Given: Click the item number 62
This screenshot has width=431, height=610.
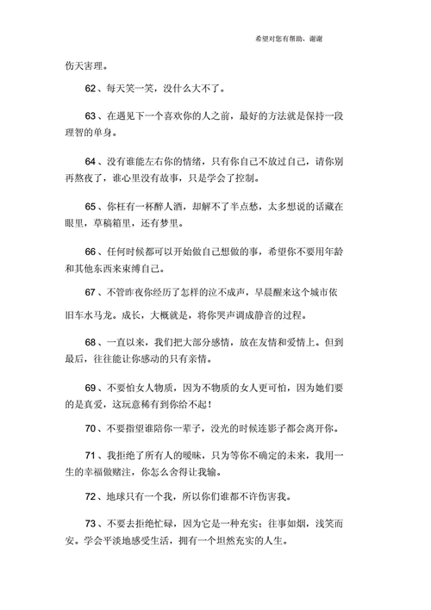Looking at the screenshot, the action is (92, 88).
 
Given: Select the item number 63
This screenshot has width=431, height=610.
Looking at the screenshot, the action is (92, 115).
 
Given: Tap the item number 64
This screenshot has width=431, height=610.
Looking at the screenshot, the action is (92, 161).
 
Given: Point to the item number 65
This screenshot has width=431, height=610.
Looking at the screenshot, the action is (92, 207).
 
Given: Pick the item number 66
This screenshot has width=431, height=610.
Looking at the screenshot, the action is (92, 252).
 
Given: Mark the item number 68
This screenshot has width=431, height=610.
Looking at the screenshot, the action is (92, 343).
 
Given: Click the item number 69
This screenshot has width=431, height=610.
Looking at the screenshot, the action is (92, 389).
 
